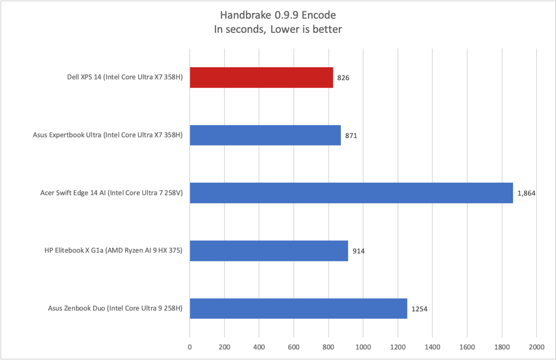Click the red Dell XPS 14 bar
click(261, 77)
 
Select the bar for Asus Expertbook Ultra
click(265, 135)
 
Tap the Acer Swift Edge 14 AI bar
click(351, 193)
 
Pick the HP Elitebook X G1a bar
click(269, 251)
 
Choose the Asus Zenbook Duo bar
click(298, 309)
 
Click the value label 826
click(343, 78)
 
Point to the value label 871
click(351, 136)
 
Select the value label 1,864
click(526, 193)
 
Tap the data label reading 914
click(358, 251)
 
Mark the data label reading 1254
click(419, 309)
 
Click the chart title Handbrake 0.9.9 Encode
click(278, 15)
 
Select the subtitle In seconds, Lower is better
click(278, 29)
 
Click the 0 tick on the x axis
click(190, 347)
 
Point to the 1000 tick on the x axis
click(363, 347)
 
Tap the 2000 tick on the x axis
click(536, 347)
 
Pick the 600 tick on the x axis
click(294, 347)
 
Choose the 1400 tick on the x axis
click(432, 347)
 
